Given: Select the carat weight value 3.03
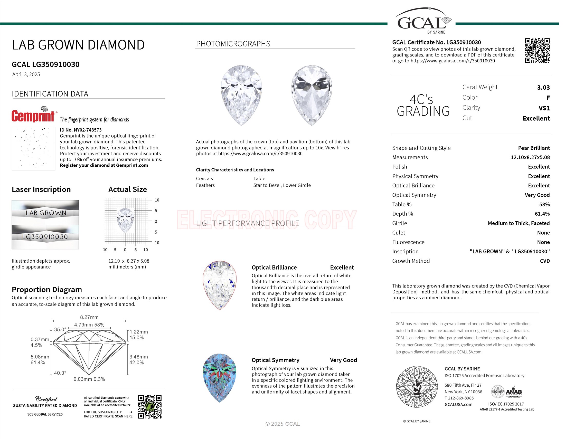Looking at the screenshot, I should [543, 87].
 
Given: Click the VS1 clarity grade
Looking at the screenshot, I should [544, 108].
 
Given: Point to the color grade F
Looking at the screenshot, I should [548, 98].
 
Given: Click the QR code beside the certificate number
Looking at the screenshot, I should [537, 51].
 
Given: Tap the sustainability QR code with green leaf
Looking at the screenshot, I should [149, 406].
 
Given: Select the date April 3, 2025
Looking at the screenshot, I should [26, 74].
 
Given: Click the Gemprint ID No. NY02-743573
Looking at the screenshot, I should [81, 130].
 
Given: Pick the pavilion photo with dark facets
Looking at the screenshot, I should [312, 95].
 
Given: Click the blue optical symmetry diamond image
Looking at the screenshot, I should [220, 378].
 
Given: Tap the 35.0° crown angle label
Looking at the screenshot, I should [60, 329].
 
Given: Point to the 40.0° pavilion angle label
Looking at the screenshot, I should [60, 373].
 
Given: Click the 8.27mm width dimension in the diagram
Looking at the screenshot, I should [89, 317].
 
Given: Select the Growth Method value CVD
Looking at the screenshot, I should [544, 261].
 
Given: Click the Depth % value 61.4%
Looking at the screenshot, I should [542, 214].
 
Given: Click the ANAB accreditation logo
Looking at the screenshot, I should [514, 392].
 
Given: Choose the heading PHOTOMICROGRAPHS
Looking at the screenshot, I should [233, 44].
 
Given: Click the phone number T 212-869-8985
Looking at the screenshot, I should [463, 398].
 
